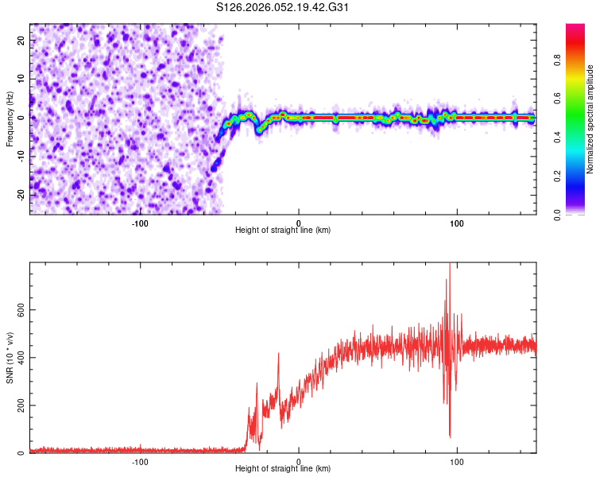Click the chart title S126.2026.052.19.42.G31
283,7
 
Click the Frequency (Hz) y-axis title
10,118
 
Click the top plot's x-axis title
283,230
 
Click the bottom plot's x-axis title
283,468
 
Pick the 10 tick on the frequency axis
21,79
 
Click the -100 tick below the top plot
140,223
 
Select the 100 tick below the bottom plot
457,461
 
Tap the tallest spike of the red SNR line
450,265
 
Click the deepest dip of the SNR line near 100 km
450,436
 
